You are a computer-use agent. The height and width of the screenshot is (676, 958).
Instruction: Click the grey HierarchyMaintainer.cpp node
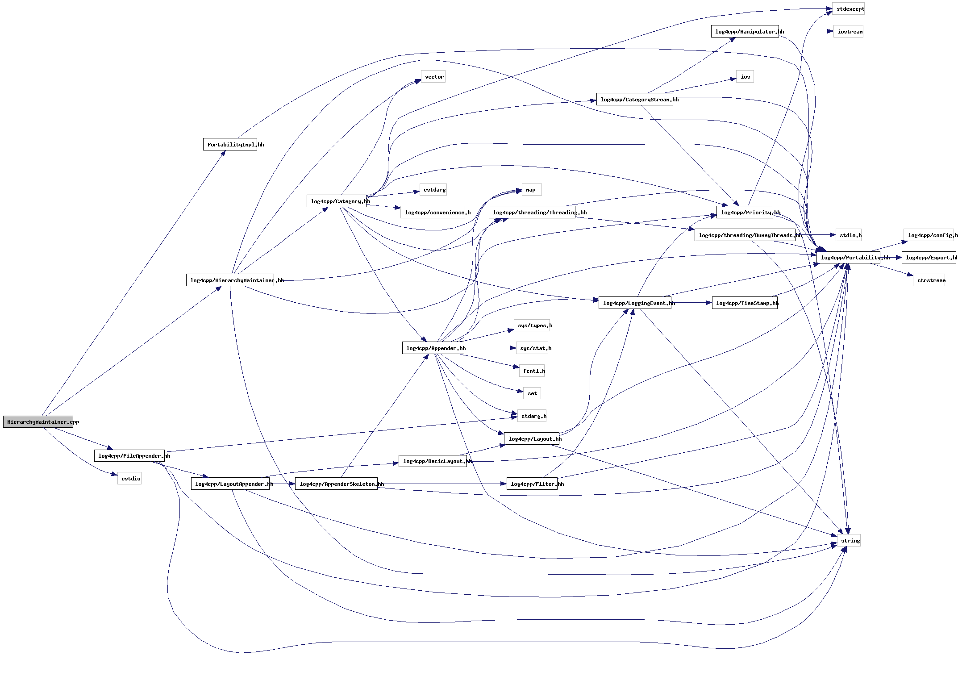click(x=38, y=421)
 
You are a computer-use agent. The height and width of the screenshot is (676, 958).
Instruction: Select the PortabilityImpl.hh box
click(x=230, y=144)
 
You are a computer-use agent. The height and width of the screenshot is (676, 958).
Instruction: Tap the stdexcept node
click(x=848, y=9)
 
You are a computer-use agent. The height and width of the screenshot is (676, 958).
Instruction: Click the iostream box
click(x=848, y=32)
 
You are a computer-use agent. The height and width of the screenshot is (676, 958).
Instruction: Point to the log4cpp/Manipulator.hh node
click(x=745, y=31)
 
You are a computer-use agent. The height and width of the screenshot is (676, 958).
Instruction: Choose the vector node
click(x=433, y=77)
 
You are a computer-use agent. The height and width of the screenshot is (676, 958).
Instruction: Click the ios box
click(x=745, y=77)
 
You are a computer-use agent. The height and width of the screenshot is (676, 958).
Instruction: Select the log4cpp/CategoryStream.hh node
click(x=634, y=99)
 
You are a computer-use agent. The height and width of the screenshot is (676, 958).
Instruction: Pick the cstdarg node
click(x=433, y=190)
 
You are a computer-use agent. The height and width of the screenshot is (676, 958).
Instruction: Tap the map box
click(x=531, y=190)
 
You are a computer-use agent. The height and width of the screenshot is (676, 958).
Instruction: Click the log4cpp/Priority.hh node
click(x=745, y=212)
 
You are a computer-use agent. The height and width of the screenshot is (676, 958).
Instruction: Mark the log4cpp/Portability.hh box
click(x=848, y=257)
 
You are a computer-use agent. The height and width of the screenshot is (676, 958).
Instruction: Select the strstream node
click(x=929, y=280)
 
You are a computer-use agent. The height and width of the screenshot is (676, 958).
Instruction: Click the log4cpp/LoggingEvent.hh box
click(x=634, y=303)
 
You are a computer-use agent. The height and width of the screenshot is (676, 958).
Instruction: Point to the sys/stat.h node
click(x=532, y=348)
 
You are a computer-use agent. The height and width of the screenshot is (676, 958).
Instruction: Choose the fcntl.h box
click(x=532, y=371)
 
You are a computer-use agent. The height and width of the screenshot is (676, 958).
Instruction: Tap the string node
click(x=849, y=540)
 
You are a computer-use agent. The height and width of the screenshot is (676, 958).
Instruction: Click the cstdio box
click(x=129, y=479)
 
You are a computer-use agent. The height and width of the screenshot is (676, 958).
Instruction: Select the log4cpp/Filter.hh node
click(x=532, y=484)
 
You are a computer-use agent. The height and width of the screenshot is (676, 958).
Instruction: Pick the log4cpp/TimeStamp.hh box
click(x=745, y=303)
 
